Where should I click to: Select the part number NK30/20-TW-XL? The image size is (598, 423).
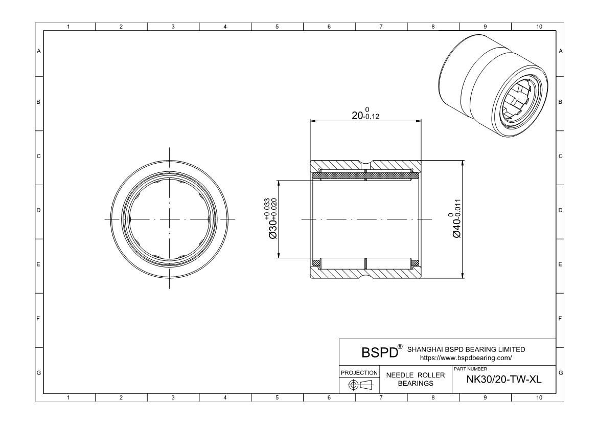click(504, 380)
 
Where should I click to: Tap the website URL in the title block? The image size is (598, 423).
click(466, 358)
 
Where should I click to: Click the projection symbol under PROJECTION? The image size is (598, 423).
click(359, 385)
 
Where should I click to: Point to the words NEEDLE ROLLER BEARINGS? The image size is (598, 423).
click(416, 380)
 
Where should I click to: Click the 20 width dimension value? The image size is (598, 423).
click(357, 115)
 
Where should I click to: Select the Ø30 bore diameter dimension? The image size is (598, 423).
click(273, 218)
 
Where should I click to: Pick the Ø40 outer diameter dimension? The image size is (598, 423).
click(456, 218)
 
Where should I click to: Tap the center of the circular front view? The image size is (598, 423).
click(170, 219)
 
